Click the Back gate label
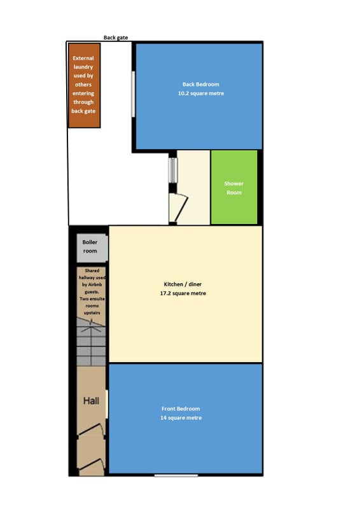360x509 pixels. coord(116,38)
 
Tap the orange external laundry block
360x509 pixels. coord(84,85)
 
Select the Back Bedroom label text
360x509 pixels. coord(200,85)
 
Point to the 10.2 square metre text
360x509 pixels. coord(201,94)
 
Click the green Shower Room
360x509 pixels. coord(234,187)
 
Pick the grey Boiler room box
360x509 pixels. coord(92,248)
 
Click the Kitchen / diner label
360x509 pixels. coord(183,284)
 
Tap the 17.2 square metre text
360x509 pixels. coord(183,293)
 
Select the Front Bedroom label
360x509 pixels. coord(181,409)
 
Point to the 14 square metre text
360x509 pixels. coord(181,418)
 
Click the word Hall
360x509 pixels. coord(91,401)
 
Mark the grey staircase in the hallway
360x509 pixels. coord(91,342)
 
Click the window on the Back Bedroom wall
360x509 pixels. coord(133,94)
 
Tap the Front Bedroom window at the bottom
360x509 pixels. coord(176,475)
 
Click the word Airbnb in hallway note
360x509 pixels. coord(95,284)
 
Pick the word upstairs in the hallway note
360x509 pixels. coord(92,313)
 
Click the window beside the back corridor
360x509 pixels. coord(173,170)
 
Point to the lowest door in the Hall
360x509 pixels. coord(92,466)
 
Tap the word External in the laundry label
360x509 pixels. coord(83,59)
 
